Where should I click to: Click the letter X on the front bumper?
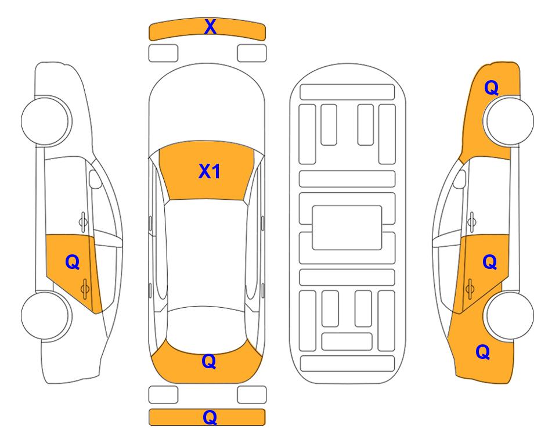point(210,27)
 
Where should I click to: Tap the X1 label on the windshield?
point(210,171)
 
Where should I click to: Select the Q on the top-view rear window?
point(209,362)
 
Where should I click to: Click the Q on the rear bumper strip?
point(210,418)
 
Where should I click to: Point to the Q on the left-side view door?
point(73,262)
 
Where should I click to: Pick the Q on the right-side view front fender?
point(491,88)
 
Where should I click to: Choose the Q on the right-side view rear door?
point(489,262)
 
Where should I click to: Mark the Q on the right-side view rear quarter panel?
point(483,352)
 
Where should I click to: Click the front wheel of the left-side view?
point(45,121)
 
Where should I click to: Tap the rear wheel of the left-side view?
point(45,315)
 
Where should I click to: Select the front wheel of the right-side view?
point(508,121)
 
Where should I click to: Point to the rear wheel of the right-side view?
point(509,315)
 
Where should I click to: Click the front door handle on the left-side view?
point(83,222)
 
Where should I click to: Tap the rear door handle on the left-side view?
point(85,289)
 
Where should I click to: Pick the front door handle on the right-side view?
point(471,222)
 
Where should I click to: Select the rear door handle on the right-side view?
point(470,289)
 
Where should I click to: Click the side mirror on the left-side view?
point(95,179)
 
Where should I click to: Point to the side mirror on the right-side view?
point(460,179)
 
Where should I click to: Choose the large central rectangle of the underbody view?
point(347,228)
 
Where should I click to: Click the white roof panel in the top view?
point(206,253)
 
